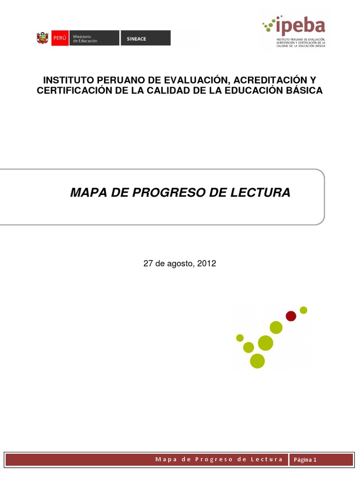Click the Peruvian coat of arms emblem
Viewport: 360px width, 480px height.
(43, 38)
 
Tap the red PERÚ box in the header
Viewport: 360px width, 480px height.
(60, 38)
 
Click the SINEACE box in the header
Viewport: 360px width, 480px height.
(145, 38)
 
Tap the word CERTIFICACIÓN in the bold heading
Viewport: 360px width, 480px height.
(74, 90)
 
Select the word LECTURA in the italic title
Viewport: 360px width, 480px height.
(266, 192)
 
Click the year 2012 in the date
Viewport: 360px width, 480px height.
(206, 263)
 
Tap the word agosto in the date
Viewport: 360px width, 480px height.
(179, 264)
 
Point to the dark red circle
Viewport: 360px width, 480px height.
(291, 316)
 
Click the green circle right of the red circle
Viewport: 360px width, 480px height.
(303, 310)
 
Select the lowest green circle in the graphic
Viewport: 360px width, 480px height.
(257, 361)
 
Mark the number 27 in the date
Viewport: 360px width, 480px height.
(148, 263)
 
